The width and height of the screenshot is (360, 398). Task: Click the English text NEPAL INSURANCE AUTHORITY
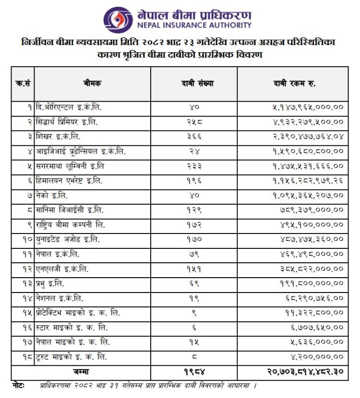coord(194,25)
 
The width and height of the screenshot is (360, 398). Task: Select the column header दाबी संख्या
coord(193,83)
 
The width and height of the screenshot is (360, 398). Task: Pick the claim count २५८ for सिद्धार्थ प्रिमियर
coord(193,123)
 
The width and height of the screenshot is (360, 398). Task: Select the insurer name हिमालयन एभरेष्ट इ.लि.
coord(69,180)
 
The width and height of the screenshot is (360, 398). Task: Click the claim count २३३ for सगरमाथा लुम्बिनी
coord(193,166)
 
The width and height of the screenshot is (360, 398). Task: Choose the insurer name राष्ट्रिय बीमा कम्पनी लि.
coord(71,224)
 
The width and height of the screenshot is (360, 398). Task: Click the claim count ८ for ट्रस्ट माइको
coord(193,357)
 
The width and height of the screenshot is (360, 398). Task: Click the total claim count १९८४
coord(193,371)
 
